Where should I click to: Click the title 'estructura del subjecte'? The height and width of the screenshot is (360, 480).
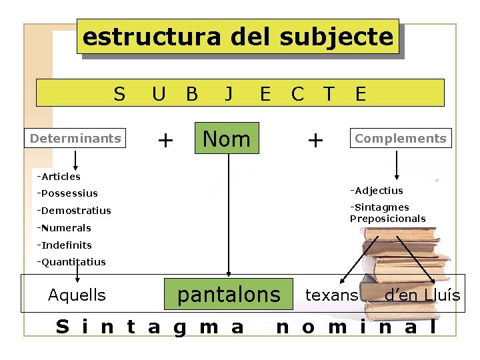[x=237, y=37]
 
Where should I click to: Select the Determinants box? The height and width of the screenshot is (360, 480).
[x=75, y=139]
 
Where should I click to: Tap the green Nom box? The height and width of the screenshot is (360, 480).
[x=226, y=139]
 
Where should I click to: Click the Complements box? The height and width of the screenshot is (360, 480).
[x=400, y=138]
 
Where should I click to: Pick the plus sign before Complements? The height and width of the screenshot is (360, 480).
[x=315, y=140]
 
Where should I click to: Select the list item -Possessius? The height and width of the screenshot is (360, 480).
[x=67, y=193]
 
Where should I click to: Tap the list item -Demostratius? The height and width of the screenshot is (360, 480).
[x=74, y=211]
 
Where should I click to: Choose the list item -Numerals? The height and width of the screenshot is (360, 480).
[x=64, y=228]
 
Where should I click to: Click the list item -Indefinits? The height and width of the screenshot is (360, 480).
[x=65, y=245]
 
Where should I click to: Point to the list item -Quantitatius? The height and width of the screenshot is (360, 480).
[x=71, y=262]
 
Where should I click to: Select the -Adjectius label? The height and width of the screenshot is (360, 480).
[x=377, y=191]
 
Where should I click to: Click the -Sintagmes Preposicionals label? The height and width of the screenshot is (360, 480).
[x=388, y=213]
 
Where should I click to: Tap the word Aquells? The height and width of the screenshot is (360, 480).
[x=77, y=295]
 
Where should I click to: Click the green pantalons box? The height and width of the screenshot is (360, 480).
[x=229, y=294]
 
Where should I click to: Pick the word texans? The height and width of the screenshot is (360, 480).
[x=331, y=295]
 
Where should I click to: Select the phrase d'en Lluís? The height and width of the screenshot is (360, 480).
[x=422, y=295]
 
